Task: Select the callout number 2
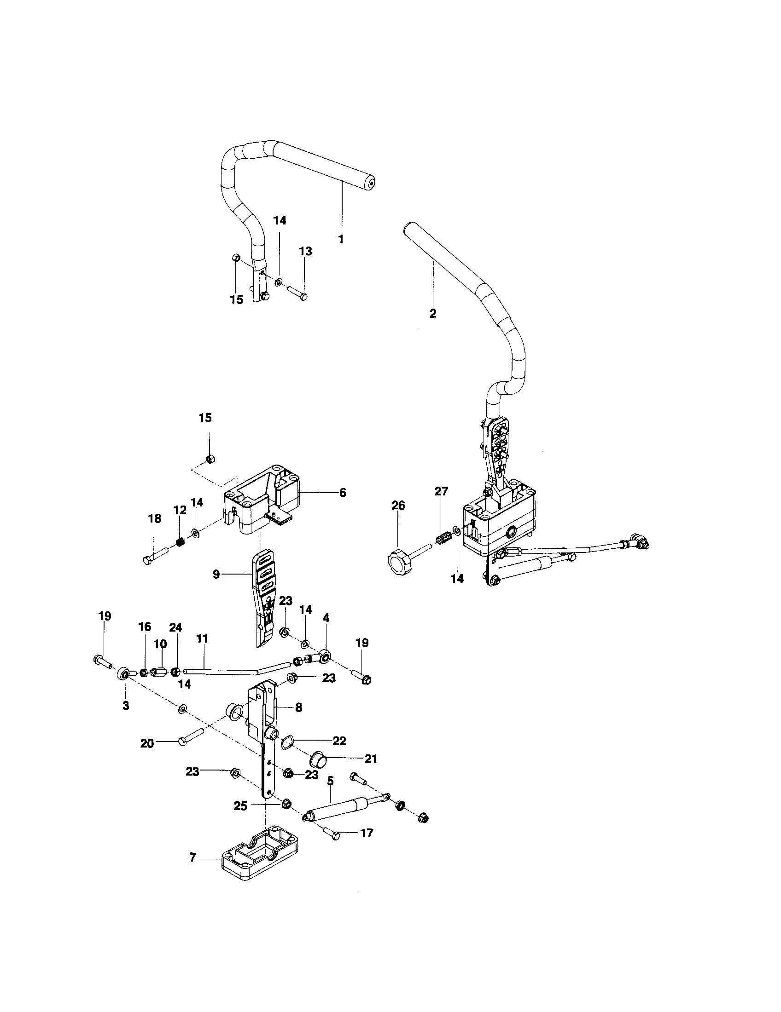click(x=433, y=314)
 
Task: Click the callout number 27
click(x=441, y=491)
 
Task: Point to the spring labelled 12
click(x=181, y=541)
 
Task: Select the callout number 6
click(x=343, y=493)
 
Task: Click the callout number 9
click(x=216, y=574)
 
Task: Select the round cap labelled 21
click(x=318, y=760)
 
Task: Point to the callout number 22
click(x=339, y=741)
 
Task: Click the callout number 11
click(x=202, y=638)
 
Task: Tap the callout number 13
click(x=305, y=251)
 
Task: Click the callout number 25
click(x=240, y=806)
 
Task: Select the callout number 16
click(x=145, y=627)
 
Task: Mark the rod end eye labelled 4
click(x=326, y=655)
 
